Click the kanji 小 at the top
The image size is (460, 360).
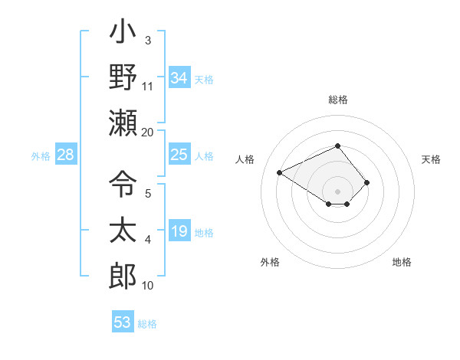pyautogui.click(x=123, y=34)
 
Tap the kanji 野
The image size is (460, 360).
pyautogui.click(x=123, y=77)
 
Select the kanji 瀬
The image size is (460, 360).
pyautogui.click(x=123, y=123)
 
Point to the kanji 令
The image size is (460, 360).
pyautogui.click(x=123, y=184)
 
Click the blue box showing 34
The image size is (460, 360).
pyautogui.click(x=179, y=78)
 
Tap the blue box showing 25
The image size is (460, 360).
pyautogui.click(x=179, y=155)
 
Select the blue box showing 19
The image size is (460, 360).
pyautogui.click(x=179, y=232)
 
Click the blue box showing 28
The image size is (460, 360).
pyautogui.click(x=66, y=155)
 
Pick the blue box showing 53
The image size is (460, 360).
pyautogui.click(x=123, y=322)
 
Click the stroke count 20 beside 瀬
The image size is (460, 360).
pyautogui.click(x=148, y=132)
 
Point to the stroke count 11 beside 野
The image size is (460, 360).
pyautogui.click(x=148, y=86)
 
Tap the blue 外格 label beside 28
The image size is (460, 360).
pyautogui.click(x=41, y=156)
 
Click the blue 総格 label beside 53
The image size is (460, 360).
pyautogui.click(x=147, y=324)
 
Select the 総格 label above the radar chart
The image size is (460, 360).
pyautogui.click(x=337, y=100)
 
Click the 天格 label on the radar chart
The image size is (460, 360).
pyautogui.click(x=431, y=159)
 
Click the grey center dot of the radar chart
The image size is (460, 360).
pyautogui.click(x=337, y=191)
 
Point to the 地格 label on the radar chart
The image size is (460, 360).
pyautogui.click(x=402, y=262)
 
